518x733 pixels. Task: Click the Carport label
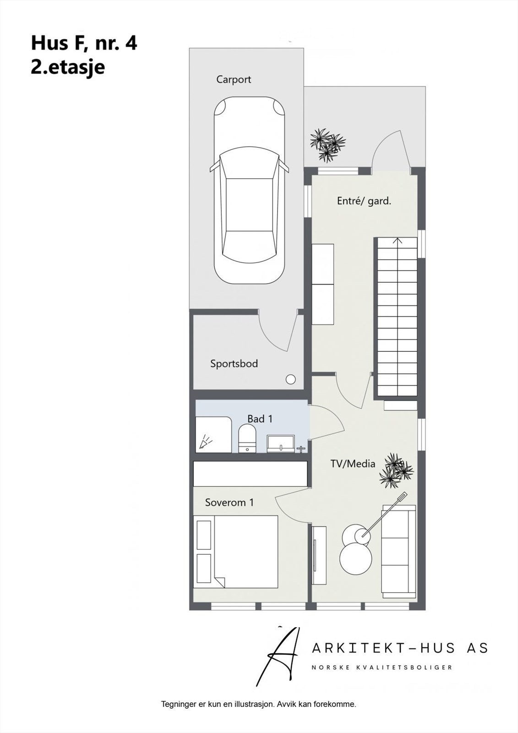(234, 79)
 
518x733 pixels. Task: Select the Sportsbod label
(234, 364)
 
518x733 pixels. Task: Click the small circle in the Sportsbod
(290, 379)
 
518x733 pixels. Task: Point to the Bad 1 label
(260, 419)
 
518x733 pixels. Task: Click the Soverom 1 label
(229, 503)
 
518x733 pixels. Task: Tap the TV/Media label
(353, 464)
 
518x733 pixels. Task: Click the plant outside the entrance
(327, 144)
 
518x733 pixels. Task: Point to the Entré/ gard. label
(364, 201)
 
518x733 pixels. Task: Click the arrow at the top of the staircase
(398, 241)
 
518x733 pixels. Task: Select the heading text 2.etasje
(68, 67)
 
